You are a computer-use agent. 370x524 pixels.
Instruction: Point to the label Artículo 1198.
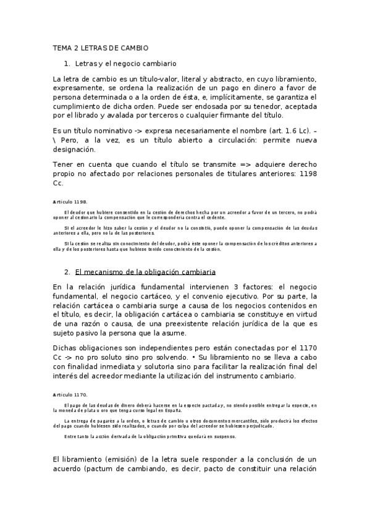click(x=70, y=201)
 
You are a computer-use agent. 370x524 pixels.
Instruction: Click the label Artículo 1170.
click(x=70, y=394)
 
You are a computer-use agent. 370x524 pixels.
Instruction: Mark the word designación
click(x=74, y=149)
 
